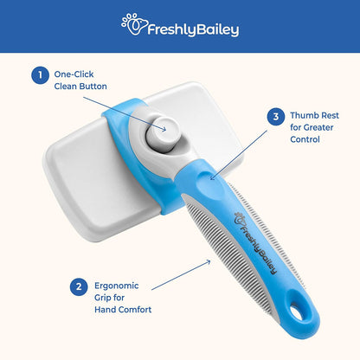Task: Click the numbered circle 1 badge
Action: [40, 75]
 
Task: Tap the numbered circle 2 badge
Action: [79, 286]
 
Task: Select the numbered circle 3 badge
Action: [276, 117]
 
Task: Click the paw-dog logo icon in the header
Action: [134, 24]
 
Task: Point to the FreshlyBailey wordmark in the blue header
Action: [193, 29]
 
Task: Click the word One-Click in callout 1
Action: [74, 74]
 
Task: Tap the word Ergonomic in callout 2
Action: [117, 286]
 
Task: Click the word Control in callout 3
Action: [305, 139]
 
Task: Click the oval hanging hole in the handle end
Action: [298, 314]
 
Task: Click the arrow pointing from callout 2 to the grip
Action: [181, 275]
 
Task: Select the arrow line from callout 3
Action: [239, 155]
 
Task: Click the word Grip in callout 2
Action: [101, 298]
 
